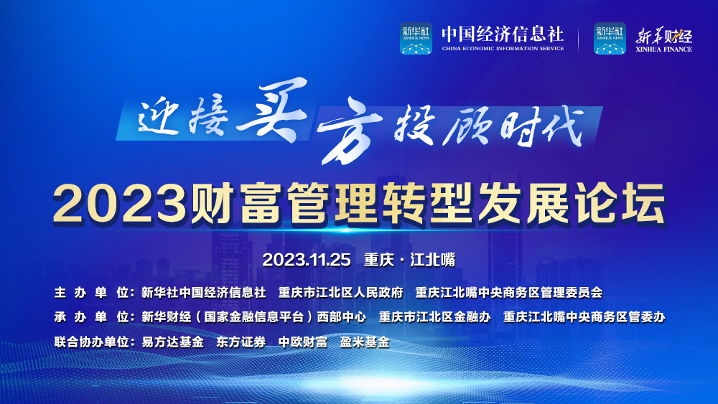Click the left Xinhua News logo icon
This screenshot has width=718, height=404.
pyautogui.click(x=416, y=39)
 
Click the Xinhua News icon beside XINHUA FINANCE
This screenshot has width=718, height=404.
pyautogui.click(x=610, y=39)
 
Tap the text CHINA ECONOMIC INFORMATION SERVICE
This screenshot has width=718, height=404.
pyautogui.click(x=503, y=49)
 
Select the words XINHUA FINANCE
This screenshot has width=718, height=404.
pyautogui.click(x=663, y=50)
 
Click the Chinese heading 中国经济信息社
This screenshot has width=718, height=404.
pyautogui.click(x=503, y=34)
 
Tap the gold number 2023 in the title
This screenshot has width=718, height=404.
pyautogui.click(x=121, y=204)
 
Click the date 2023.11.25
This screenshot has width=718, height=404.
pyautogui.click(x=307, y=260)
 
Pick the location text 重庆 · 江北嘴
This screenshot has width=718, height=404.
pyautogui.click(x=410, y=260)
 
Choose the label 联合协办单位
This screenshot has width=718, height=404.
pyautogui.click(x=92, y=342)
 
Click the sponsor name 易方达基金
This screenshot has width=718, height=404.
pyautogui.click(x=172, y=342)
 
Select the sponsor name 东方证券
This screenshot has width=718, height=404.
pyautogui.click(x=241, y=342)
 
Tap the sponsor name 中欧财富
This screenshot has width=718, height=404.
pyautogui.click(x=303, y=342)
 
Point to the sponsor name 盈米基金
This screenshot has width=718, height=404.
pyautogui.click(x=365, y=342)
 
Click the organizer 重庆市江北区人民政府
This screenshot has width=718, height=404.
pyautogui.click(x=340, y=293)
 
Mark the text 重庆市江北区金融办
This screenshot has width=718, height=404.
pyautogui.click(x=435, y=317)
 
